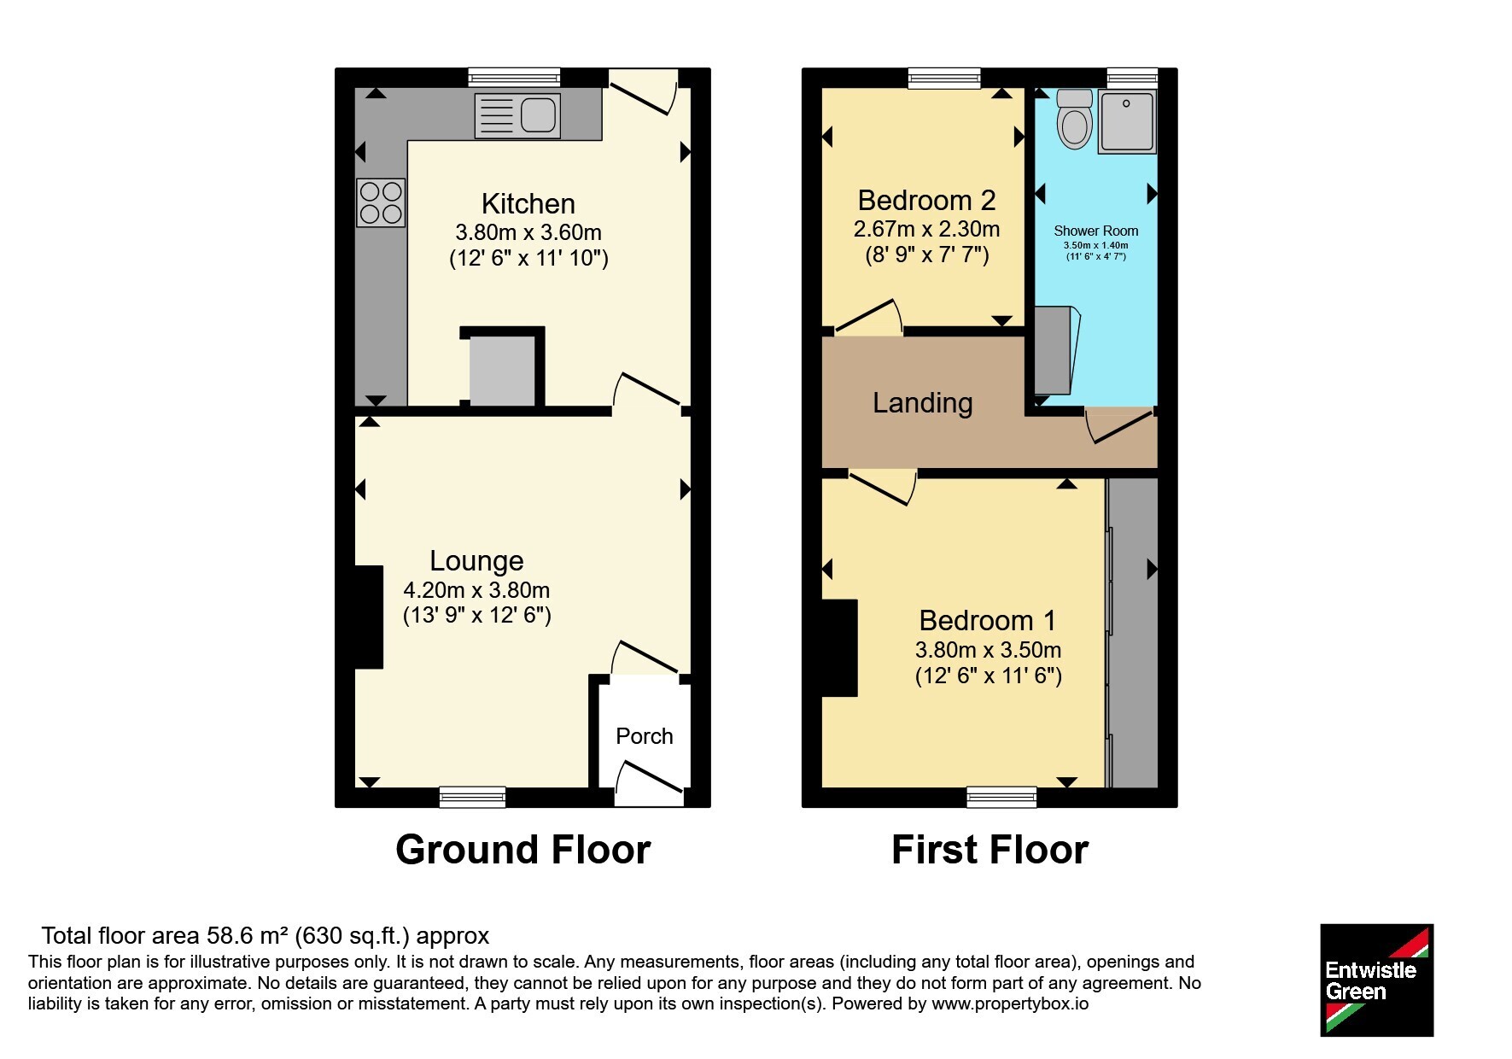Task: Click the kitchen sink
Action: (517, 115)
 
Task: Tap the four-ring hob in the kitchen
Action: (381, 202)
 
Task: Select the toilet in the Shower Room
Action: (1074, 119)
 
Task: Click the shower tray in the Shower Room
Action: (1127, 122)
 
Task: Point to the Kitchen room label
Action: (528, 204)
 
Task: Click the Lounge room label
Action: (476, 561)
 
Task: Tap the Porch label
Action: (645, 736)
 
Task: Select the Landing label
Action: (923, 403)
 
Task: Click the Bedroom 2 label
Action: (926, 201)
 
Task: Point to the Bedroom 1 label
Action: (988, 620)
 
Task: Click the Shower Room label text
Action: (1096, 231)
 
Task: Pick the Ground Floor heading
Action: (523, 850)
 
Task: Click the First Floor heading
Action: (990, 850)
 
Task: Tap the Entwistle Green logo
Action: (1376, 980)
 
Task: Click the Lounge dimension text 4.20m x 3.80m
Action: (476, 590)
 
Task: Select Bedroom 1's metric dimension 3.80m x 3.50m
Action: (989, 650)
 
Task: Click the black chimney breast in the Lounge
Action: (370, 617)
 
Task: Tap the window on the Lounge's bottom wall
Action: (472, 797)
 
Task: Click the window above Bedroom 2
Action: (944, 78)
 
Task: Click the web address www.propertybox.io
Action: (1010, 1004)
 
